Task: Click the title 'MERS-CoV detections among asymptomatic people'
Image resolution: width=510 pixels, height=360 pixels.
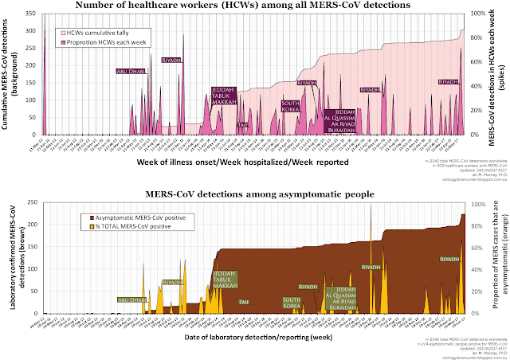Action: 254,194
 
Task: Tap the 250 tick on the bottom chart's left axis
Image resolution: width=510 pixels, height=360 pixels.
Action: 34,203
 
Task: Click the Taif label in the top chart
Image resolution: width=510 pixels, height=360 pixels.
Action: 243,124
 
